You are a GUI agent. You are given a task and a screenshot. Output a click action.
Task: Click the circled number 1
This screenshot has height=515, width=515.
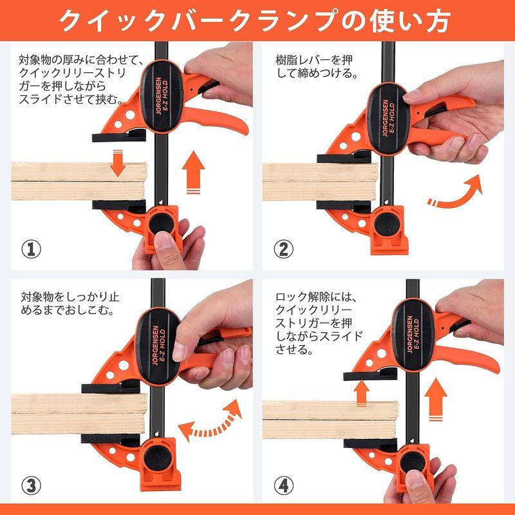[x=32, y=248]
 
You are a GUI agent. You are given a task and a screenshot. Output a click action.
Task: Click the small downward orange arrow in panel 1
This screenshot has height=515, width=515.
[x=117, y=164]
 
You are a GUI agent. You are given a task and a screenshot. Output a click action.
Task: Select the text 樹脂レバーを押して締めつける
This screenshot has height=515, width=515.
[x=314, y=67]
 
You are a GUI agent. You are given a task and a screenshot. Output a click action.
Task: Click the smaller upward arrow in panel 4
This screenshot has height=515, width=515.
[x=362, y=391]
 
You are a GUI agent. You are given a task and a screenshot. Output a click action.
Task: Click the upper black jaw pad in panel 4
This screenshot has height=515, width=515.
[x=367, y=374]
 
